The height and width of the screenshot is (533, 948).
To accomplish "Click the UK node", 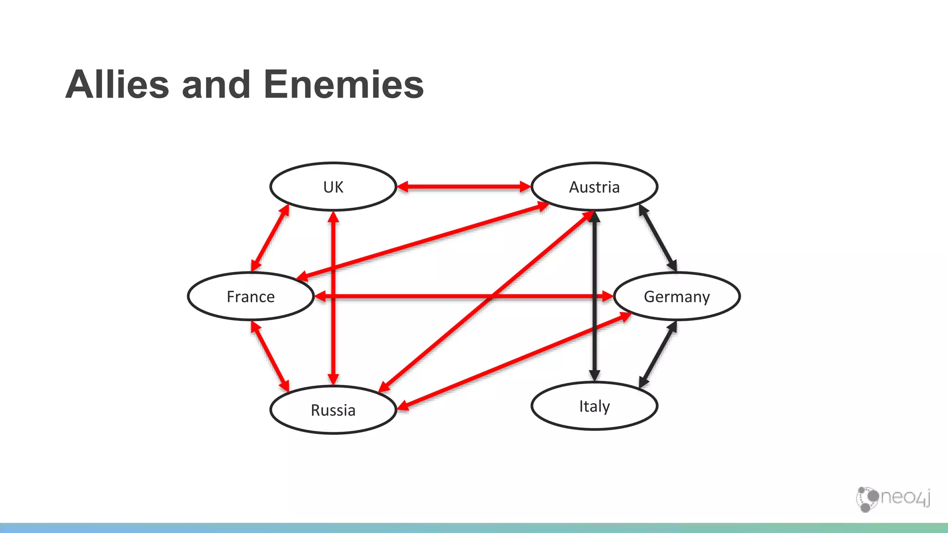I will pos(333,187).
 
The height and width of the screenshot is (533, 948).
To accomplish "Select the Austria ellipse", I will pos(594,187).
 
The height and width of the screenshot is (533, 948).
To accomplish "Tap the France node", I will pos(250,296).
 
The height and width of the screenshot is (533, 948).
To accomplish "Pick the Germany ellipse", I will pos(677,296).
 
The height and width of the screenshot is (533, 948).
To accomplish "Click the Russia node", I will pos(333,410).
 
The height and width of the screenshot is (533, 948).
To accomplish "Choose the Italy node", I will pos(594,406).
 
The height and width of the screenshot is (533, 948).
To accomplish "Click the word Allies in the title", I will pos(117,85).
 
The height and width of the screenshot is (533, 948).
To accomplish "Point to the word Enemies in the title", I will pos(343,85).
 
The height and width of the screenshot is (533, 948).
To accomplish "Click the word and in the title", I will pos(216,85).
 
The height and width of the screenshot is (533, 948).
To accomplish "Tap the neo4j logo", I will pos(893,499).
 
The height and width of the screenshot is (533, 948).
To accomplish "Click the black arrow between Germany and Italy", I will pos(658,354).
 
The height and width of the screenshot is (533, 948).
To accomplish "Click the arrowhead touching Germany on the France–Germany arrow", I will pos(608,296).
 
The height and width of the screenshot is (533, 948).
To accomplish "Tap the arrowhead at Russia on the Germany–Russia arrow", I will pos(403,407).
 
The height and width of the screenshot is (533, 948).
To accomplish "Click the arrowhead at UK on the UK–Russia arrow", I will pos(333,217).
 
